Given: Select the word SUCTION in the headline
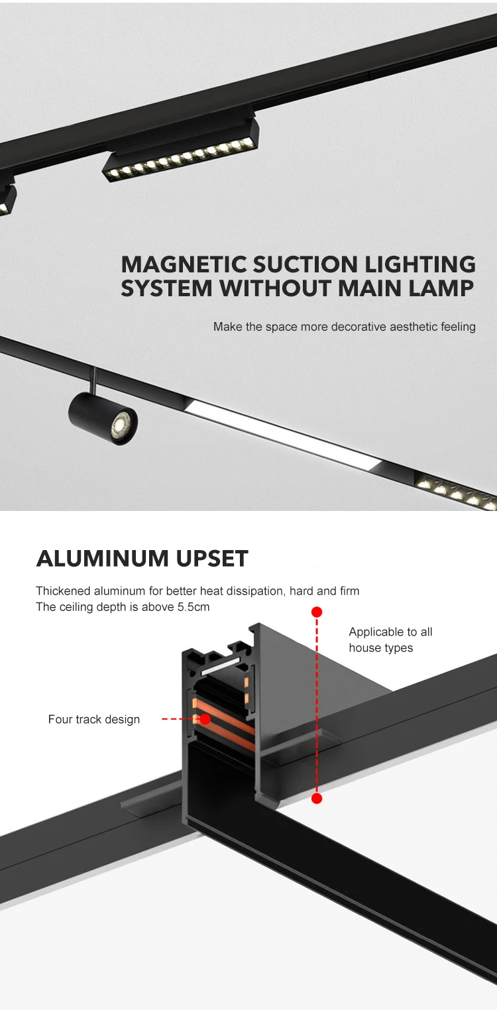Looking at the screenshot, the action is (x=305, y=264).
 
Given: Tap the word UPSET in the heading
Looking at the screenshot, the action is (x=212, y=559).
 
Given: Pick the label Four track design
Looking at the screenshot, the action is (x=94, y=719).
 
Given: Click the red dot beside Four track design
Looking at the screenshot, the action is (x=205, y=719).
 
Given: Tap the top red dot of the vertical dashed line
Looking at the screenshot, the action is (x=317, y=612).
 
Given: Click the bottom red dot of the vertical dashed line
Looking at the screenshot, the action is (x=317, y=799).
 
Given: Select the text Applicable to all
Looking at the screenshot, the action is (x=390, y=632).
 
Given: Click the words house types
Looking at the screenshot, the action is (x=381, y=648).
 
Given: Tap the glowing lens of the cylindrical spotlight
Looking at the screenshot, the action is (x=120, y=422).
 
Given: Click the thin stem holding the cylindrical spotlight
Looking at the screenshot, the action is (x=94, y=380).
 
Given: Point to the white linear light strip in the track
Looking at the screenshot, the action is (x=282, y=435).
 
